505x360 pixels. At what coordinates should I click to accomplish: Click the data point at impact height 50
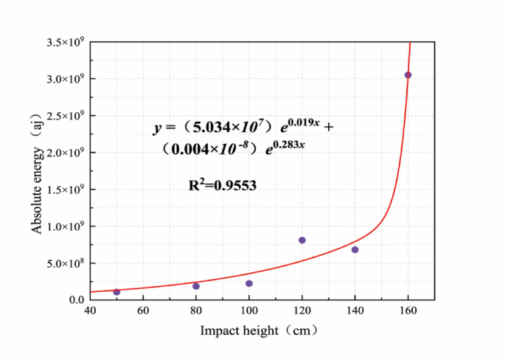tap(116, 292)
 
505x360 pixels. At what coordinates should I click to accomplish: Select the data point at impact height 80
tap(196, 286)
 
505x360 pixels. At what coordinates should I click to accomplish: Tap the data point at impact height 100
tap(249, 283)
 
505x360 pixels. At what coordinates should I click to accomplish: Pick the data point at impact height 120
tap(302, 240)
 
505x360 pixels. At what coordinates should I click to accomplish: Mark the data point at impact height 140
tap(355, 250)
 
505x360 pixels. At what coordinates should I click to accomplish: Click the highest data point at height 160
tap(408, 75)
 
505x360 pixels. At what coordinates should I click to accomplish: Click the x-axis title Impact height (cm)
tap(259, 330)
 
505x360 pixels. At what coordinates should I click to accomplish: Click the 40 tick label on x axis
tap(90, 311)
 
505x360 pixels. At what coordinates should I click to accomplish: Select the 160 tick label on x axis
tap(408, 311)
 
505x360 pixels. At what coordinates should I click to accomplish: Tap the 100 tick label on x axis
tap(249, 311)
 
